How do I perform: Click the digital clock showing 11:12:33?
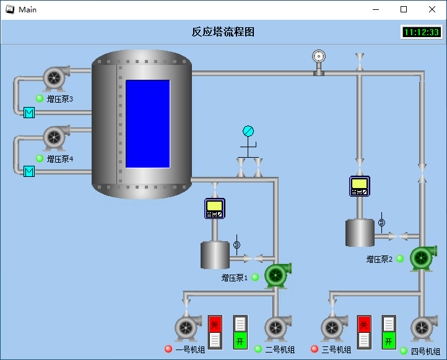[422, 32]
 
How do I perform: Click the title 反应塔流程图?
[223, 32]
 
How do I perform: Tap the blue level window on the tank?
[148, 124]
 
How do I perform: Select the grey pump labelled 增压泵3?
[56, 77]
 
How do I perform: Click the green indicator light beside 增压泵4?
[40, 158]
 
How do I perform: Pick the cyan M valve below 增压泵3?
[29, 113]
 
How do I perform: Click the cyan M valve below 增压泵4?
[29, 171]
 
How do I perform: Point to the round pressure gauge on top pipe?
[319, 56]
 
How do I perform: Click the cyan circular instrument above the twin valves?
[248, 131]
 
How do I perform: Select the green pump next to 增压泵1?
[277, 275]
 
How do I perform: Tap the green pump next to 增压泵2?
[423, 258]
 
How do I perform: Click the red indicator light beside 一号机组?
[168, 349]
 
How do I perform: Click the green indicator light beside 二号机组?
[258, 349]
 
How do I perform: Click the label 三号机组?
[336, 349]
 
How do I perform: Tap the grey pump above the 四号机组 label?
[424, 328]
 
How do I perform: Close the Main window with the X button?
[432, 9]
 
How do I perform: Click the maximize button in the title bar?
[404, 9]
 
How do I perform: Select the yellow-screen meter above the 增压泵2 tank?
[360, 186]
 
